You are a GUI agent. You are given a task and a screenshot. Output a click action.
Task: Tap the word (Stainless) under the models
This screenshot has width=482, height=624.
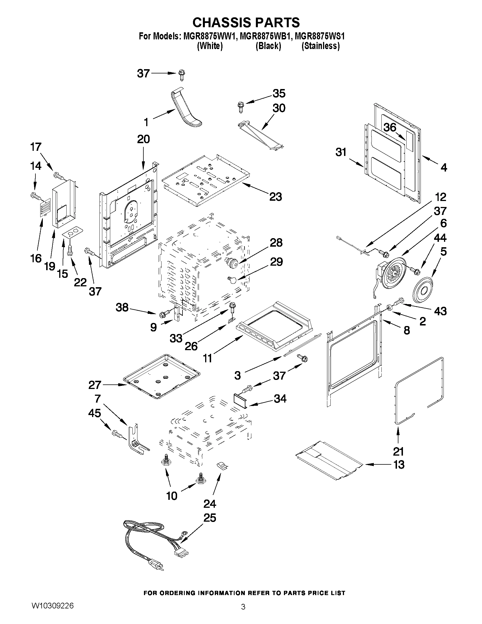(320, 46)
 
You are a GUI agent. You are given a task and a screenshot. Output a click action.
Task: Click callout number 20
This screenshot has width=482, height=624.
(143, 139)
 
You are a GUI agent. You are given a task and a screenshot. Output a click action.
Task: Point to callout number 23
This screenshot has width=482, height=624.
(275, 196)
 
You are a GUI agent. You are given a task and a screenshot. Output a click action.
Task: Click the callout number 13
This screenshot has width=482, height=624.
(399, 465)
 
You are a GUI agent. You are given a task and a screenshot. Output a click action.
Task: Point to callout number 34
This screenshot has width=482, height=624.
(280, 399)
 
